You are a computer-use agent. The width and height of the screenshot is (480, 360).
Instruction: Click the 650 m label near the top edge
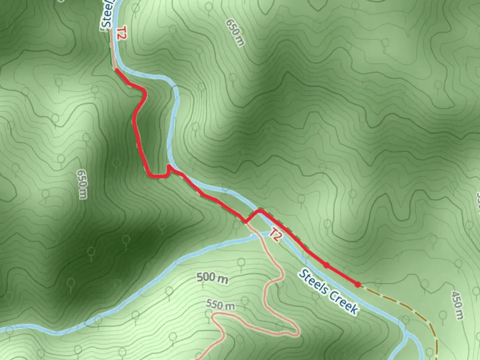[x=235, y=32]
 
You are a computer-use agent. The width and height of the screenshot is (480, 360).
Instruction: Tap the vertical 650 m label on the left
[x=82, y=184]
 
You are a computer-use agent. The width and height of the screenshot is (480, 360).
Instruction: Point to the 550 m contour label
[x=220, y=304]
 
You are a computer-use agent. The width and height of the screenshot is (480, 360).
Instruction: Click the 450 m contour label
[x=458, y=305]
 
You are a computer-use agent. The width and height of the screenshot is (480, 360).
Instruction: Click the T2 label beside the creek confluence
[x=275, y=235]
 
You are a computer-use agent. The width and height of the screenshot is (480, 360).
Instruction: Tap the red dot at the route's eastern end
[x=357, y=284]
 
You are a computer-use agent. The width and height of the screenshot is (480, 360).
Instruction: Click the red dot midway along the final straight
[x=327, y=265]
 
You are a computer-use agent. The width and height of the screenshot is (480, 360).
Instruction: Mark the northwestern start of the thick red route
[x=116, y=70]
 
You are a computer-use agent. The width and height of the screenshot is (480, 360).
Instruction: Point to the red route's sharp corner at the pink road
[x=245, y=222]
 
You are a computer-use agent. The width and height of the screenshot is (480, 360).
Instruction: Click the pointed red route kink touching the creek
[x=169, y=166]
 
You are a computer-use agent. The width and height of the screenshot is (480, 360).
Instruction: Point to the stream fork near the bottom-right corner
[x=407, y=334]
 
